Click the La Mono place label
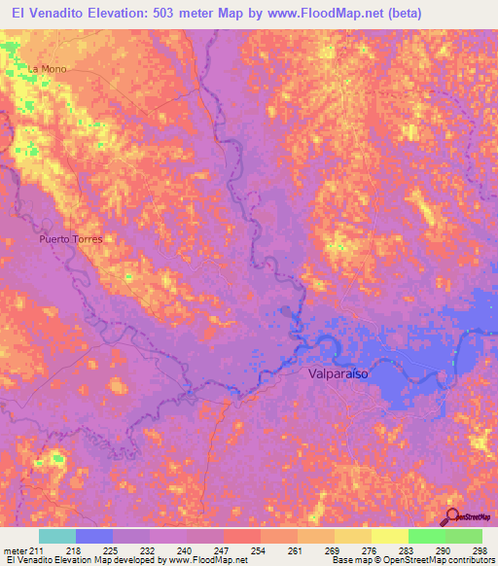[47, 69]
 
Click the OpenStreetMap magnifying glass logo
[453, 516]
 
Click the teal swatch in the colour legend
[57, 536]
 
